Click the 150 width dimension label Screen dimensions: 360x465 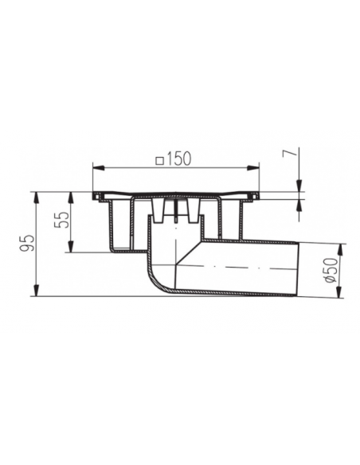click(178, 158)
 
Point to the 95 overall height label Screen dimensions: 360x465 click(28, 244)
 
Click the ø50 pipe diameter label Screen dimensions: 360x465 click(331, 270)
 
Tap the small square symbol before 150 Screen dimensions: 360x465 click(160, 160)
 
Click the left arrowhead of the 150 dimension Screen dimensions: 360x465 click(99, 168)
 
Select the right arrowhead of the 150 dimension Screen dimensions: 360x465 click(253, 168)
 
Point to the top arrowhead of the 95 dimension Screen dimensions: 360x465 click(36, 198)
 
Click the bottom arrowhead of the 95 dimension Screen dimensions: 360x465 click(36, 291)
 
